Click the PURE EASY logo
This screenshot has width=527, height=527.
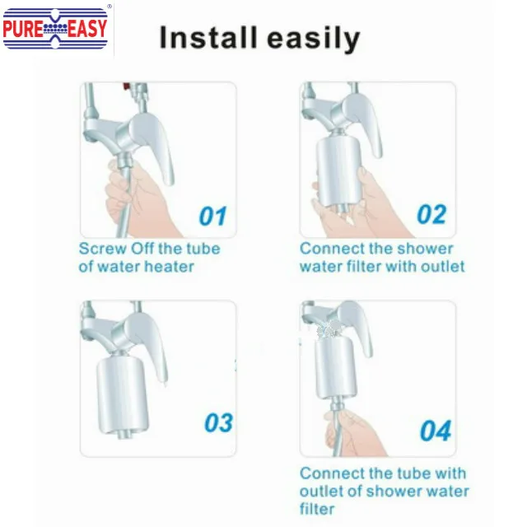55,29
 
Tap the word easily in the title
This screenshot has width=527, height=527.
314,39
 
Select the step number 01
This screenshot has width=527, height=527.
212,216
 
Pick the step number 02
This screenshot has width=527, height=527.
431,214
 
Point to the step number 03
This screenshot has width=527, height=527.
218,422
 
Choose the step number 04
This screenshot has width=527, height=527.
436,431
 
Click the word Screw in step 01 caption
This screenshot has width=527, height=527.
103,249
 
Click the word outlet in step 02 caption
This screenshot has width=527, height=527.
443,267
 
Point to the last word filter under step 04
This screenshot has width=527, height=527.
317,509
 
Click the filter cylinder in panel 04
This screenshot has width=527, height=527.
333,368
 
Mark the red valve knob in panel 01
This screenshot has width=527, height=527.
126,86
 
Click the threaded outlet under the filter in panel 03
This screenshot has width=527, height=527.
124,435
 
